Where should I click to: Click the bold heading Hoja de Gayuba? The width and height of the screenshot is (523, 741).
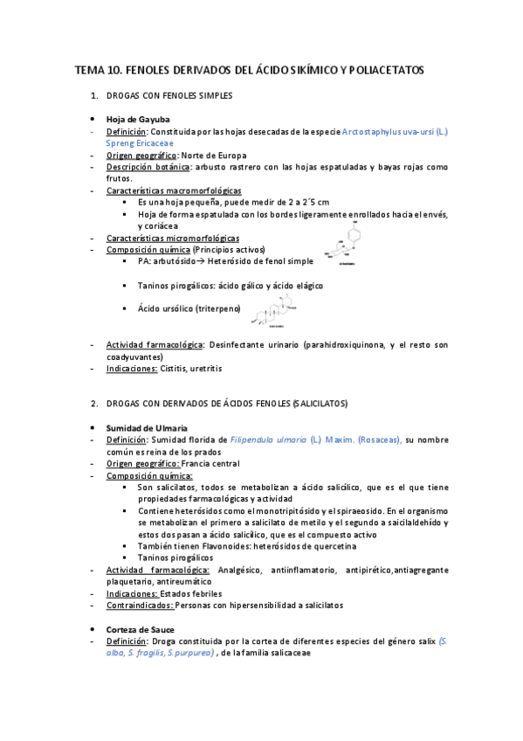(138, 119)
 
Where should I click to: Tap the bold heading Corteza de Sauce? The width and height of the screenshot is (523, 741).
(140, 629)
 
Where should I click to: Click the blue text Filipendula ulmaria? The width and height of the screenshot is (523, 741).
(268, 440)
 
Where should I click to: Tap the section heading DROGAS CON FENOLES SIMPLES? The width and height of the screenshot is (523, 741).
(169, 94)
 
